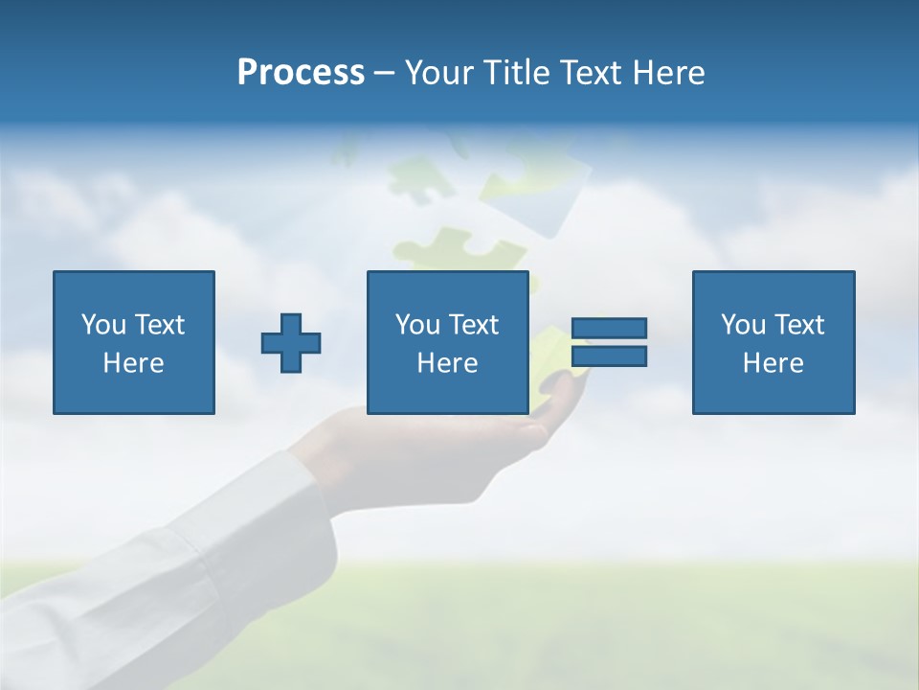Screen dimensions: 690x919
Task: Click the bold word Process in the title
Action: (x=301, y=73)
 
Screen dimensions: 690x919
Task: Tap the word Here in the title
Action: (x=669, y=73)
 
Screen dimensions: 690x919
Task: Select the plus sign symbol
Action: (x=291, y=343)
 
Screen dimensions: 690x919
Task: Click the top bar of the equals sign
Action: (x=609, y=328)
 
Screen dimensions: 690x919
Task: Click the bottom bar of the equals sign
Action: (x=609, y=356)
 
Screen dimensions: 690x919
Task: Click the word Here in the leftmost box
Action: (x=133, y=363)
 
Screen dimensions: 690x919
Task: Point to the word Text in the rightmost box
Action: (x=799, y=325)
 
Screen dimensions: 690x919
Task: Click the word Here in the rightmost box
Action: (x=773, y=363)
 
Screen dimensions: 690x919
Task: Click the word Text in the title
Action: (x=591, y=73)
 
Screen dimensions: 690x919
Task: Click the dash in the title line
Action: (x=384, y=73)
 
